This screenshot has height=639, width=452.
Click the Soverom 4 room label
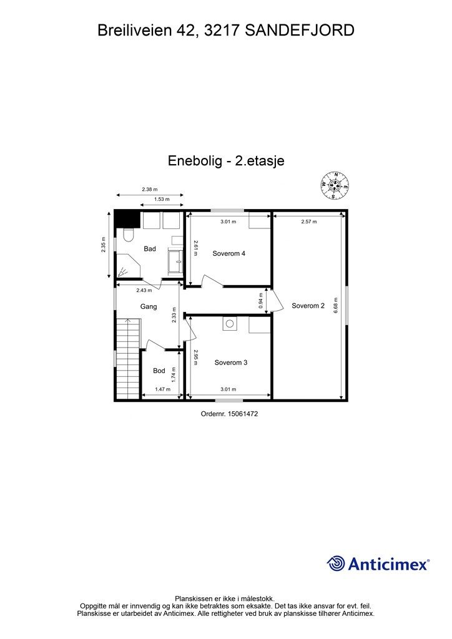coord(229,253)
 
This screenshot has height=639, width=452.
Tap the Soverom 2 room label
coord(308,306)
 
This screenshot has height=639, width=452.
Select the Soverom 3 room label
coord(231,363)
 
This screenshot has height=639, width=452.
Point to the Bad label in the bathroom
coord(150,249)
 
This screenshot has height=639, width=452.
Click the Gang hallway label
coord(148,307)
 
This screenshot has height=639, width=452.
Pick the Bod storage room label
coord(159,371)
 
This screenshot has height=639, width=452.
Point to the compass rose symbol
coord(335,185)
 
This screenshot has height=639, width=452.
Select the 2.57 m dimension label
coord(308,222)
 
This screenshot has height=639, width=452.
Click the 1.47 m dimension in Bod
coord(162,389)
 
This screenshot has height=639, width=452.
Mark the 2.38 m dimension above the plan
coord(150,189)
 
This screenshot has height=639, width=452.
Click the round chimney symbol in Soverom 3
coord(229,324)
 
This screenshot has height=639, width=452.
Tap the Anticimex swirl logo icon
coord(336,563)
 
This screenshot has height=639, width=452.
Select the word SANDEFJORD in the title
coord(300,29)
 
